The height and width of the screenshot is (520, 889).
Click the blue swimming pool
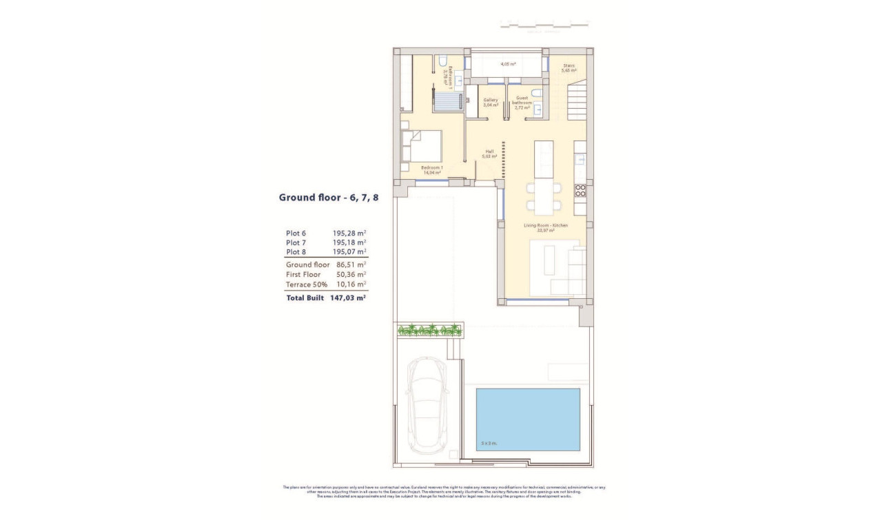(528, 419)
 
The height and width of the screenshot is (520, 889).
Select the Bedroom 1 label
(431, 170)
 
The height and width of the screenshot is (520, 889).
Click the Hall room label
(490, 154)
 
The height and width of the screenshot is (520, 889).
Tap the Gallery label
(490, 103)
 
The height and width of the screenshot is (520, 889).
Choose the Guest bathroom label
(522, 103)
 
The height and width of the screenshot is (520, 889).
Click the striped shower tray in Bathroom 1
(447, 102)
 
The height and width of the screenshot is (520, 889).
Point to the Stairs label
(569, 68)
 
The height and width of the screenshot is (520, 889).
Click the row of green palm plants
(429, 330)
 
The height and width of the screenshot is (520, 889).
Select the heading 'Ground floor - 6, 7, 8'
(328, 198)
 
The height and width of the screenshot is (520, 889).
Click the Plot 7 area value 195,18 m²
(349, 242)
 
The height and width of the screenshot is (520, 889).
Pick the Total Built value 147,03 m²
(347, 298)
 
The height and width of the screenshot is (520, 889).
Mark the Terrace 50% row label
(303, 284)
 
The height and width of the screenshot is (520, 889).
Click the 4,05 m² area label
(509, 63)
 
